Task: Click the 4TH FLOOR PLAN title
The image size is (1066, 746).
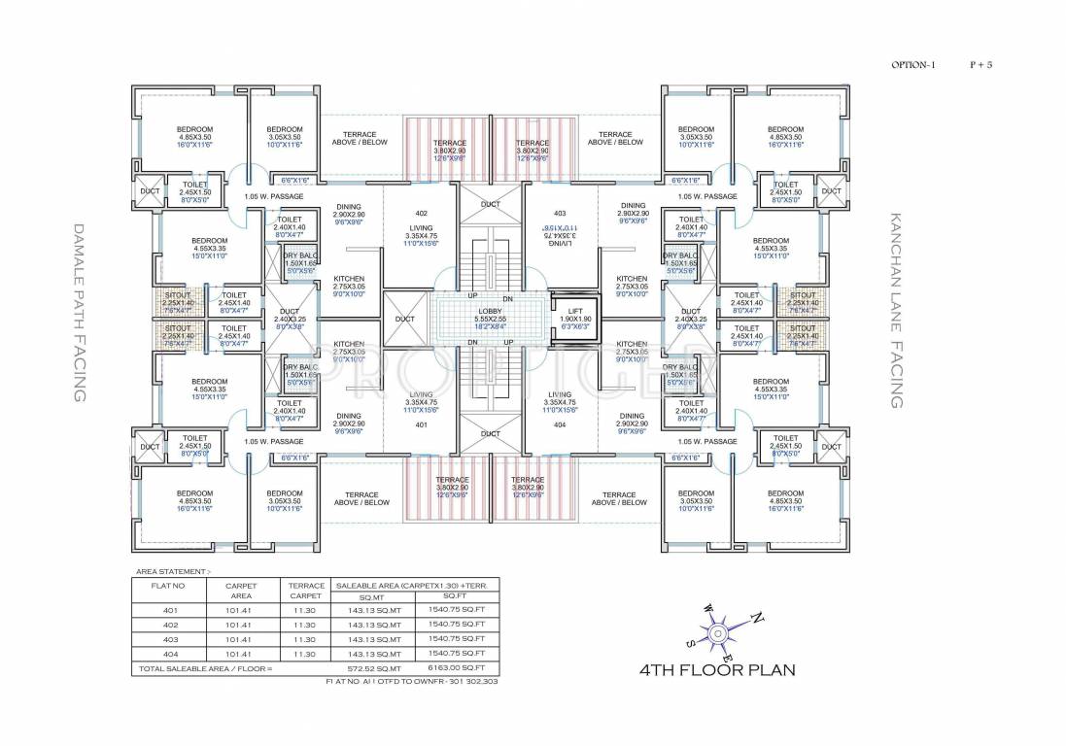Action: pyautogui.click(x=717, y=670)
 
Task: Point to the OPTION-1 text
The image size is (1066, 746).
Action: pyautogui.click(x=912, y=65)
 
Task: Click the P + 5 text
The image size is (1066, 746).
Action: pyautogui.click(x=980, y=65)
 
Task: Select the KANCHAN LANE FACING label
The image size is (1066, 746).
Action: pyautogui.click(x=896, y=311)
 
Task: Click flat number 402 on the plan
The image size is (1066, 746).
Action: pyautogui.click(x=421, y=213)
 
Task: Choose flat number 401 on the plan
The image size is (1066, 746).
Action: pyautogui.click(x=421, y=425)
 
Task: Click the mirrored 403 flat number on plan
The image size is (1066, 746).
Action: pyautogui.click(x=559, y=213)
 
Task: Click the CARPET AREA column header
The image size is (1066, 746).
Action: pyautogui.click(x=240, y=592)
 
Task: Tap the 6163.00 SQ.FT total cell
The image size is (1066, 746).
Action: pyautogui.click(x=455, y=669)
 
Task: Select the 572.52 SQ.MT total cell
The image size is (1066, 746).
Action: pyautogui.click(x=376, y=669)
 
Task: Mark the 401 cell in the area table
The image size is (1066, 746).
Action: pyautogui.click(x=170, y=610)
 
